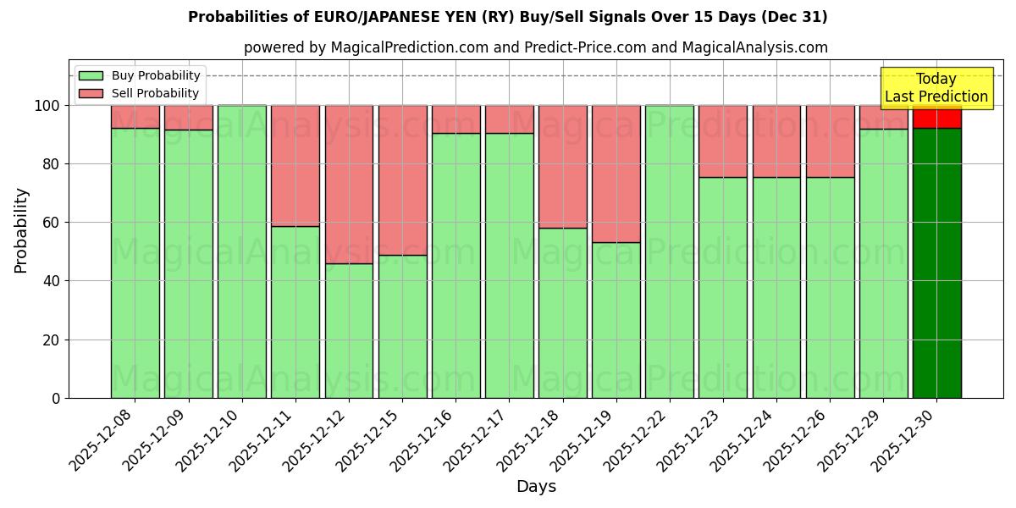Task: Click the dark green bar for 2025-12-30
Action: tap(936, 262)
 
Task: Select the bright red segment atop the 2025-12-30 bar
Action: tap(936, 117)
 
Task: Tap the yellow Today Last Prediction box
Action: tap(936, 88)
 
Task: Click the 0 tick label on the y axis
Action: tap(56, 398)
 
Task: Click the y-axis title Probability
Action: tap(21, 229)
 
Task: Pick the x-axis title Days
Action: tap(536, 487)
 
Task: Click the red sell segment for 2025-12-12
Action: tap(349, 184)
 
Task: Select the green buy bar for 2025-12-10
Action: tap(242, 251)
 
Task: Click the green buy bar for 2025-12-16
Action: tap(456, 265)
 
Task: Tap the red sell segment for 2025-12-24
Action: tap(776, 141)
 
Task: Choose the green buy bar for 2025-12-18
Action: tap(562, 312)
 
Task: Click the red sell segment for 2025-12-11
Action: tap(295, 165)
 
